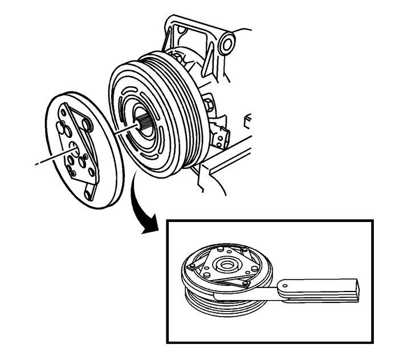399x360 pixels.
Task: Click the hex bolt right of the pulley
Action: pos(209,105)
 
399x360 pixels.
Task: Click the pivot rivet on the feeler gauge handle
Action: pos(283,283)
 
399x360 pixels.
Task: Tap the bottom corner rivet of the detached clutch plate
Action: pos(87,194)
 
